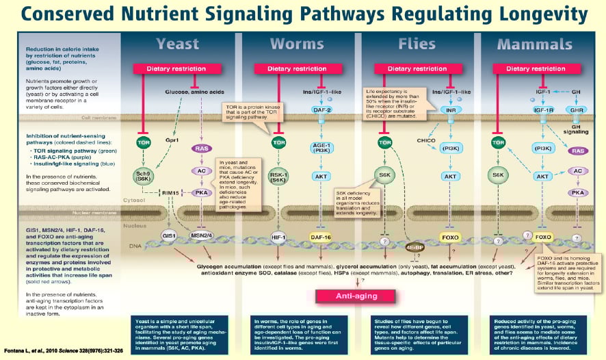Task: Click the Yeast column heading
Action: [x=177, y=44]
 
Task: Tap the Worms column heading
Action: [x=297, y=44]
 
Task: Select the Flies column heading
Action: [x=417, y=44]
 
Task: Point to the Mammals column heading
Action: [x=535, y=44]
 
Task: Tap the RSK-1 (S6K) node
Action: [x=278, y=176]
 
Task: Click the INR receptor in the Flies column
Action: [x=449, y=110]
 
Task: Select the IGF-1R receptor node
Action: [x=544, y=110]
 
